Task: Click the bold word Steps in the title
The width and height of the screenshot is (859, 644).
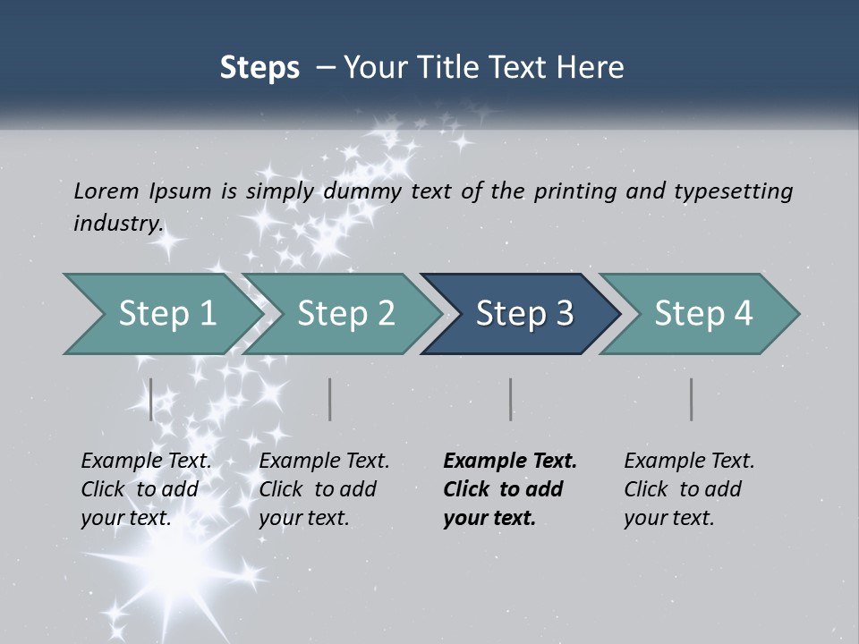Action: tap(259, 68)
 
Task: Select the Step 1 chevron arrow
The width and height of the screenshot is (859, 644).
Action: tap(161, 314)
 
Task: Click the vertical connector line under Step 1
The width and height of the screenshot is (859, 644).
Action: tap(151, 399)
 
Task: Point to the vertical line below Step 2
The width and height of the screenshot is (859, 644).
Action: tap(330, 399)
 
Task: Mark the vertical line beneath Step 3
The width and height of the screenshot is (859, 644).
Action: tap(511, 399)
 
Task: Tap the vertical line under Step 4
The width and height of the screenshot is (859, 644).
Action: tap(692, 399)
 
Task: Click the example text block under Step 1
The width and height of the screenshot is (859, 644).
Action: tap(146, 489)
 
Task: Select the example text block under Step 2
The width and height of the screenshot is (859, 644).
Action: tap(324, 489)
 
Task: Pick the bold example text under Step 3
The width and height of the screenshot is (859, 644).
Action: tap(510, 489)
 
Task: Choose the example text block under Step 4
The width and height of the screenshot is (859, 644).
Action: tap(689, 489)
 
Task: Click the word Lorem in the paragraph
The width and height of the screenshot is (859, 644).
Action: tap(106, 191)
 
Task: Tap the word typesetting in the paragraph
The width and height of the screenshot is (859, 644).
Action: tap(733, 191)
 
